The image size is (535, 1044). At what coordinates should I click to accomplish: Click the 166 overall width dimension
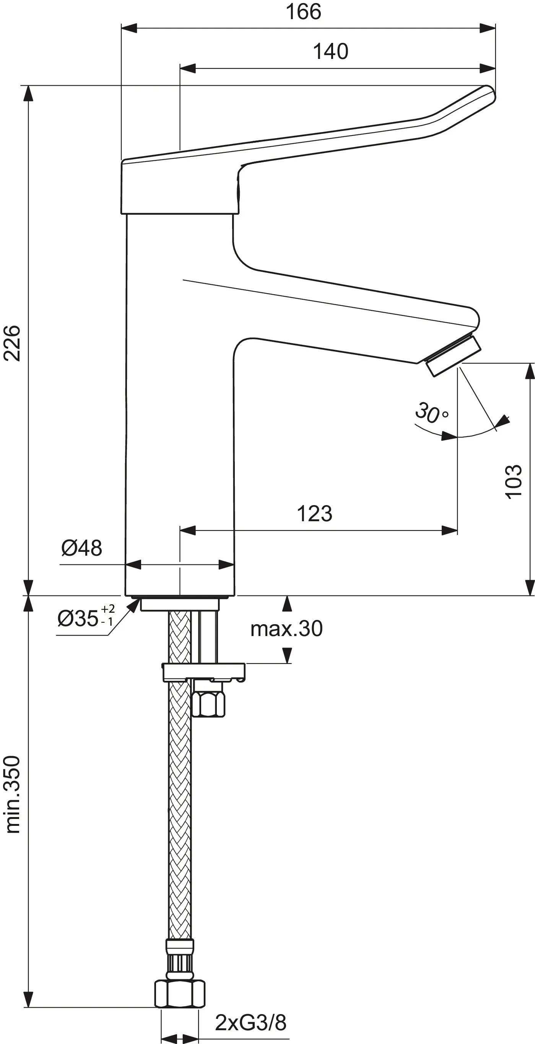[x=303, y=12]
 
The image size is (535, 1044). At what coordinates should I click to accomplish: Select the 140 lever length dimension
[x=330, y=51]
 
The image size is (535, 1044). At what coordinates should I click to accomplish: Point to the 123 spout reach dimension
[x=314, y=514]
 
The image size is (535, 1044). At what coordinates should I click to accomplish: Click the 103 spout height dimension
[x=514, y=481]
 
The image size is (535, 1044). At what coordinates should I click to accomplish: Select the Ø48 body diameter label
[x=81, y=548]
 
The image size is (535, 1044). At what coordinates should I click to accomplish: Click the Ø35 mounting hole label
[x=85, y=618]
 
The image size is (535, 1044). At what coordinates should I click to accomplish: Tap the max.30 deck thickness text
[x=286, y=629]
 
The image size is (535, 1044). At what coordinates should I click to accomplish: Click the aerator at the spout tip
[x=453, y=355]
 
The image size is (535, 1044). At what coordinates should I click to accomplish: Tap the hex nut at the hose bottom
[x=180, y=993]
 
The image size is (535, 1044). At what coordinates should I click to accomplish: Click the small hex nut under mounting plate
[x=208, y=705]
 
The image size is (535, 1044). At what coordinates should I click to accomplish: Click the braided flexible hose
[x=179, y=811]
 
